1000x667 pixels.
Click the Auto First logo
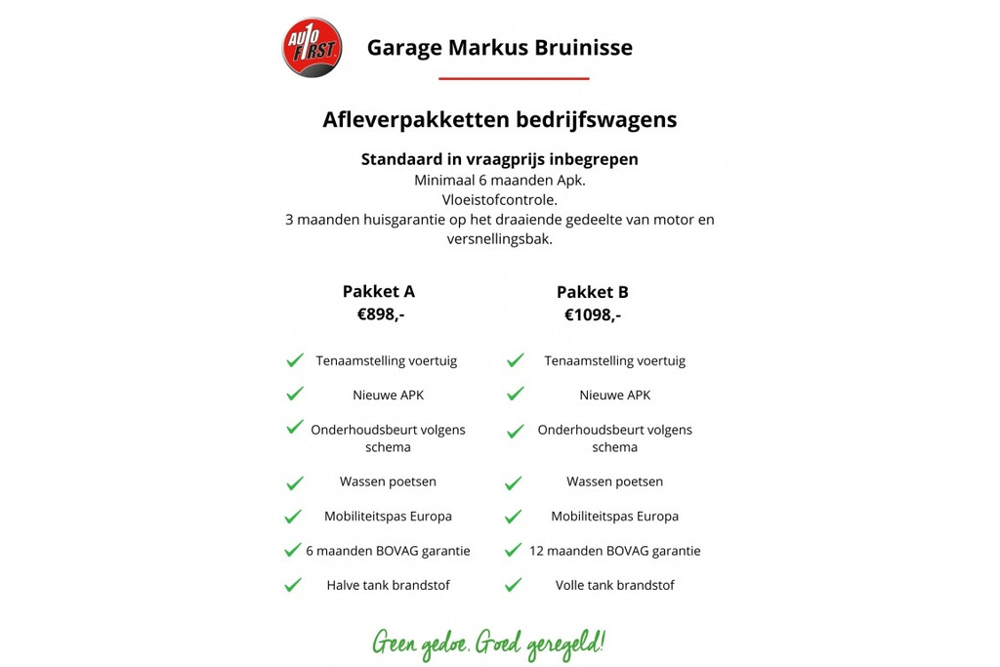point(312,47)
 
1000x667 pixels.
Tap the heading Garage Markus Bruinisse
point(499,47)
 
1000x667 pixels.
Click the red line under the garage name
point(514,78)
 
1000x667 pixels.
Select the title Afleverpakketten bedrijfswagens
point(499,120)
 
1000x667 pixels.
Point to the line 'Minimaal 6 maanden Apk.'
point(500,181)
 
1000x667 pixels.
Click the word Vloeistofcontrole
point(500,200)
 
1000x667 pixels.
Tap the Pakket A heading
point(379,291)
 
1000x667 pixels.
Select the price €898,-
point(381,314)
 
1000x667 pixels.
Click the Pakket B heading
point(593,292)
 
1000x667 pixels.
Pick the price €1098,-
point(593,314)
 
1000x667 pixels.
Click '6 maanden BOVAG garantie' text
point(388,551)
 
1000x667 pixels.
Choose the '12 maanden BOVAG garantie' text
point(614,551)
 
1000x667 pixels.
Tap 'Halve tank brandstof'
point(388,585)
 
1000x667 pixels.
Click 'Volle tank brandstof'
point(614,585)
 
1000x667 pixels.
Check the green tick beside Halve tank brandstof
point(293,585)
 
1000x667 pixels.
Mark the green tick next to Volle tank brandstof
point(514,585)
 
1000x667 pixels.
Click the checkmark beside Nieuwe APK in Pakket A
point(294,395)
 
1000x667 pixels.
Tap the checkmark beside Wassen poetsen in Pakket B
point(514,482)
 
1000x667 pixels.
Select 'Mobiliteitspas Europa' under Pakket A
point(388,516)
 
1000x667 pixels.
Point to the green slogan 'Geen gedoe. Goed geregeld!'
point(488,644)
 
